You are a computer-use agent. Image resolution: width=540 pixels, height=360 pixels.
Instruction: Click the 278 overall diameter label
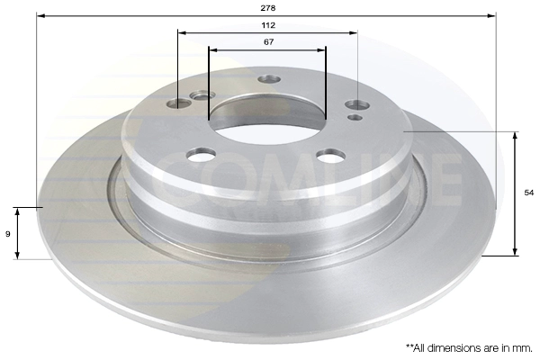pos(268,8)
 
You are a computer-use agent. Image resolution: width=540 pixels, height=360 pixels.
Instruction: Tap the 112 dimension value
pos(268,25)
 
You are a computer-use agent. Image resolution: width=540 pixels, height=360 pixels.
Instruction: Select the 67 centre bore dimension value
pos(268,41)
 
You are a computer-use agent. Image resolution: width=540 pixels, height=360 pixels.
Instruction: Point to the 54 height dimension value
pos(529,193)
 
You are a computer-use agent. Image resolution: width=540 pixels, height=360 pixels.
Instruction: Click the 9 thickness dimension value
pos(7,234)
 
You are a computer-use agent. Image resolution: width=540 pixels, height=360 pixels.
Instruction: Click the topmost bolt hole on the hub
pos(269,79)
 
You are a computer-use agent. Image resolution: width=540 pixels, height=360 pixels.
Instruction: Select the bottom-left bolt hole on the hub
pos(202,154)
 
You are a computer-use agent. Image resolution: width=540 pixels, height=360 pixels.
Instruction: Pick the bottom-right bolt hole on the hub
pos(331,156)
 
